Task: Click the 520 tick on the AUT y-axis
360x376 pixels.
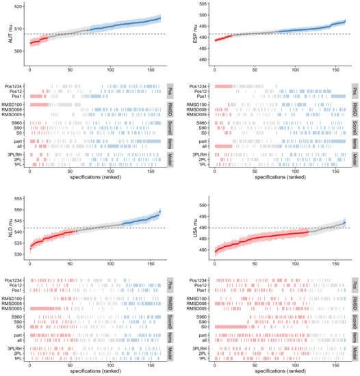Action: pyautogui.click(x=18, y=5)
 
